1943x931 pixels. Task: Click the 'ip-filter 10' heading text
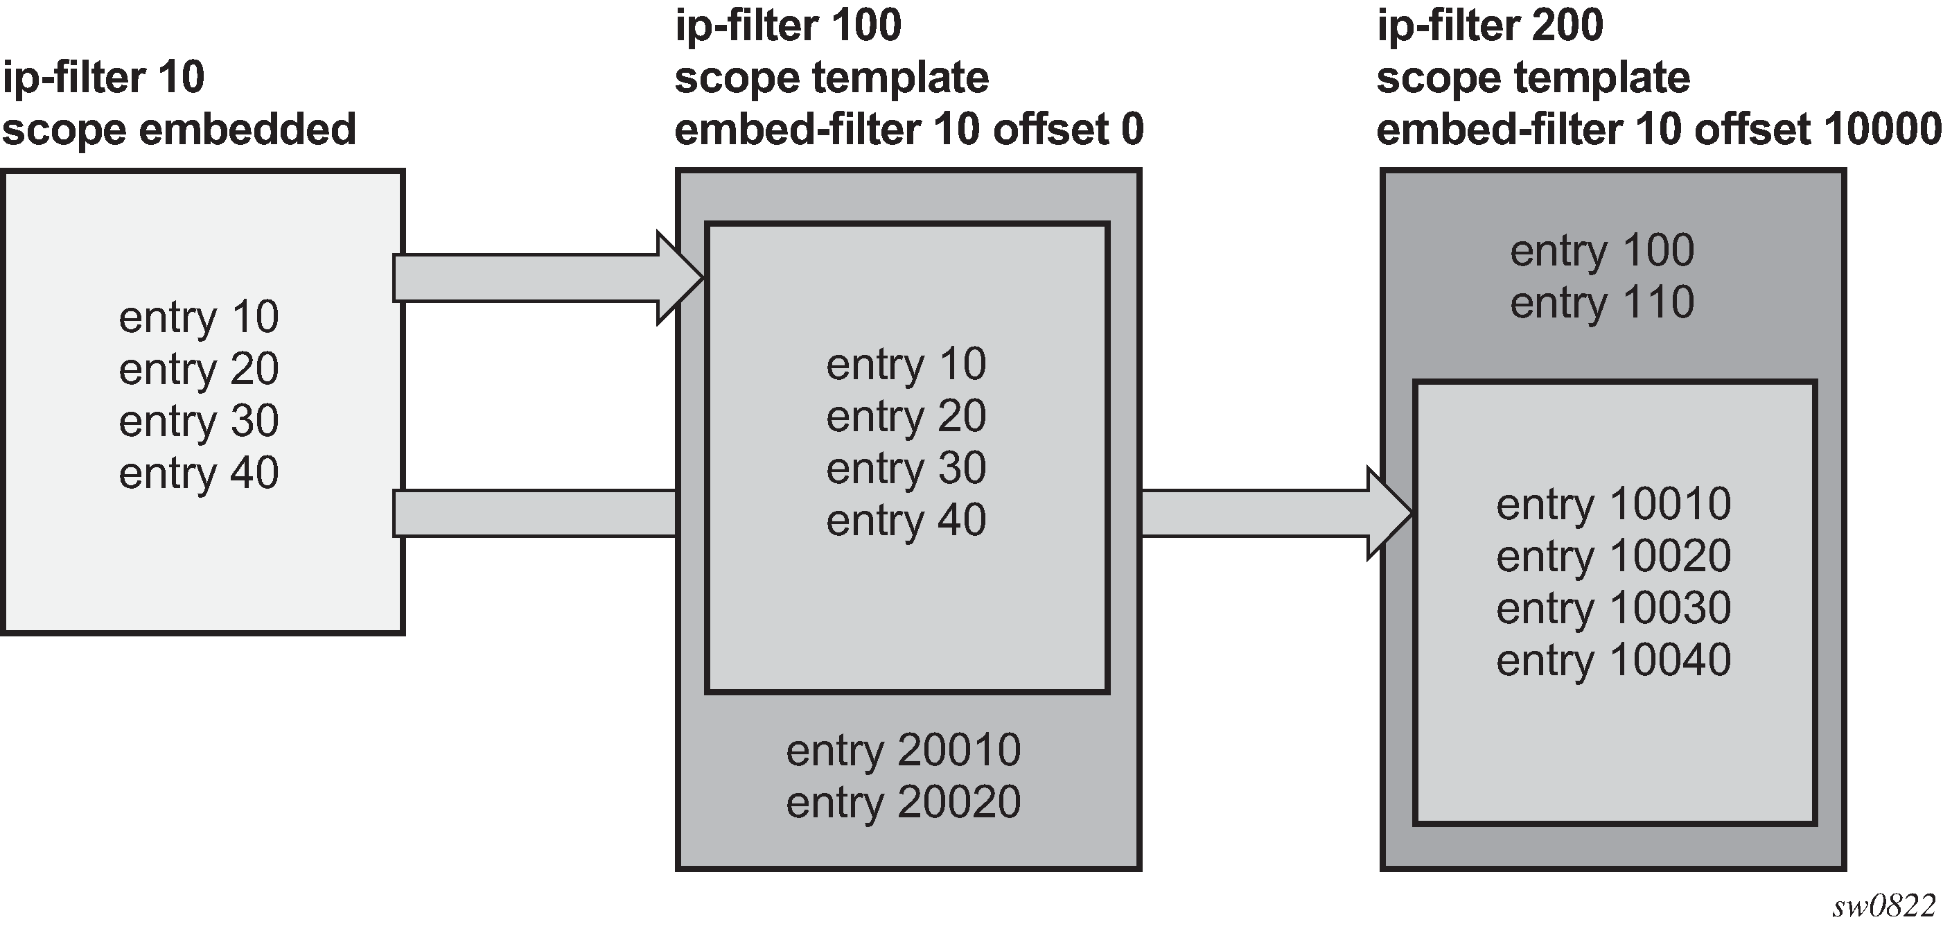click(x=103, y=78)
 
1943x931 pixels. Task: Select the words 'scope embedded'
click(x=179, y=130)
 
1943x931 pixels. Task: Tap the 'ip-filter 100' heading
click(x=787, y=26)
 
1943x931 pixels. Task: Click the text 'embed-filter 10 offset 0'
click(x=908, y=130)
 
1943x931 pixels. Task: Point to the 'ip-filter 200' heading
click(x=1490, y=26)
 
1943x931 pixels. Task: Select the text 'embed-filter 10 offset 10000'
click(x=1659, y=130)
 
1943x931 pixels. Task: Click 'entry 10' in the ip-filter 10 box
click(x=198, y=317)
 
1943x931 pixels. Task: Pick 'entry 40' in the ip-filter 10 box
click(x=198, y=473)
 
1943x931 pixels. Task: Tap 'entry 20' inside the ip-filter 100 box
click(x=906, y=417)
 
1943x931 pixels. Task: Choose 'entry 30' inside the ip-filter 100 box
click(x=906, y=469)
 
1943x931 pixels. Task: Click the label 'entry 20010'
click(x=903, y=751)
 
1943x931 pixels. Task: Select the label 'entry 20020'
click(x=903, y=802)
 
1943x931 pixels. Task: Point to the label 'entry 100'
click(x=1602, y=251)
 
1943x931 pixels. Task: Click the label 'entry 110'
click(x=1602, y=304)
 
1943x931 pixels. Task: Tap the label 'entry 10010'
click(x=1613, y=505)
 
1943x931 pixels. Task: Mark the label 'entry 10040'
click(x=1613, y=661)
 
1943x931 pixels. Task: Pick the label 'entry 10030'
click(x=1613, y=609)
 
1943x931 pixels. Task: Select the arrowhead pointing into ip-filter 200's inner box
click(x=1389, y=513)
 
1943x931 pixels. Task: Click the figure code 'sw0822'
click(x=1883, y=906)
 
